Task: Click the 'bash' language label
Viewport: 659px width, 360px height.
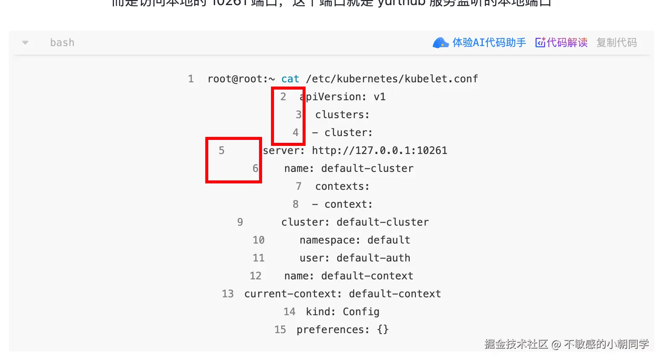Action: click(x=62, y=43)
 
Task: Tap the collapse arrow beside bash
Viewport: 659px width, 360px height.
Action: click(x=25, y=43)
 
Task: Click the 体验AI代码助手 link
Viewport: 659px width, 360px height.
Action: click(x=489, y=43)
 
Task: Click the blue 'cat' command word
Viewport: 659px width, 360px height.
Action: click(x=290, y=79)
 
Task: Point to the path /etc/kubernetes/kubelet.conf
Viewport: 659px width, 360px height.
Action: click(x=392, y=79)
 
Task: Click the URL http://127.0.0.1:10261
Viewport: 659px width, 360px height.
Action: click(x=379, y=151)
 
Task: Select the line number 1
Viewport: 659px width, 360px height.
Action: click(x=191, y=79)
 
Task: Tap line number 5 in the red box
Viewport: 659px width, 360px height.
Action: click(x=222, y=151)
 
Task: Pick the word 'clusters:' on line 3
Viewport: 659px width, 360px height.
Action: click(x=342, y=115)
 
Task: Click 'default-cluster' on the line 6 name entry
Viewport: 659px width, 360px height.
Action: click(x=367, y=168)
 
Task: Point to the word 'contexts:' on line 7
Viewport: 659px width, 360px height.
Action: click(x=342, y=186)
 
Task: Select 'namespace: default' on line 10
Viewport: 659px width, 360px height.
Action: click(x=355, y=240)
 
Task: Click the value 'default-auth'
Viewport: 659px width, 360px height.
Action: click(x=373, y=258)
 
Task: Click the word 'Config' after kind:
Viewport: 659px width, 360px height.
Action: click(x=361, y=312)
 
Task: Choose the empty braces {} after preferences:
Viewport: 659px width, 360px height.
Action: click(x=383, y=330)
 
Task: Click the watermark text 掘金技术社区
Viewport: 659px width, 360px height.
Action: click(x=516, y=344)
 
